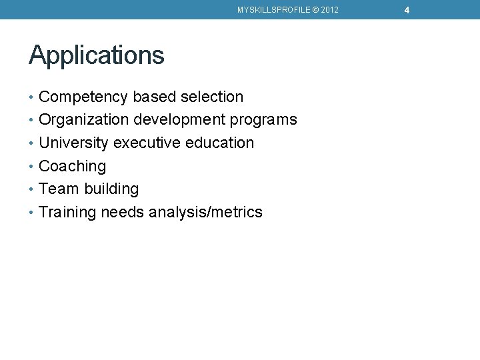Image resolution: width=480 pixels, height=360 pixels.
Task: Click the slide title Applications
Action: click(x=97, y=55)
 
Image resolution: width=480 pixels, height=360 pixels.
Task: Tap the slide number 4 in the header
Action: click(x=407, y=10)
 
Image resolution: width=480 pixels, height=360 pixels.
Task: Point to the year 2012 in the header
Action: click(x=329, y=10)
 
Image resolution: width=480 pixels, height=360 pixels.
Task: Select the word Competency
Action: click(x=83, y=97)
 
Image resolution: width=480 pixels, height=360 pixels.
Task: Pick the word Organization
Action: click(x=84, y=120)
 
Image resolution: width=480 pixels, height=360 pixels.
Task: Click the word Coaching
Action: click(x=73, y=167)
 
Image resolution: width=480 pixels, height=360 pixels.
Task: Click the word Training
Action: click(x=67, y=213)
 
